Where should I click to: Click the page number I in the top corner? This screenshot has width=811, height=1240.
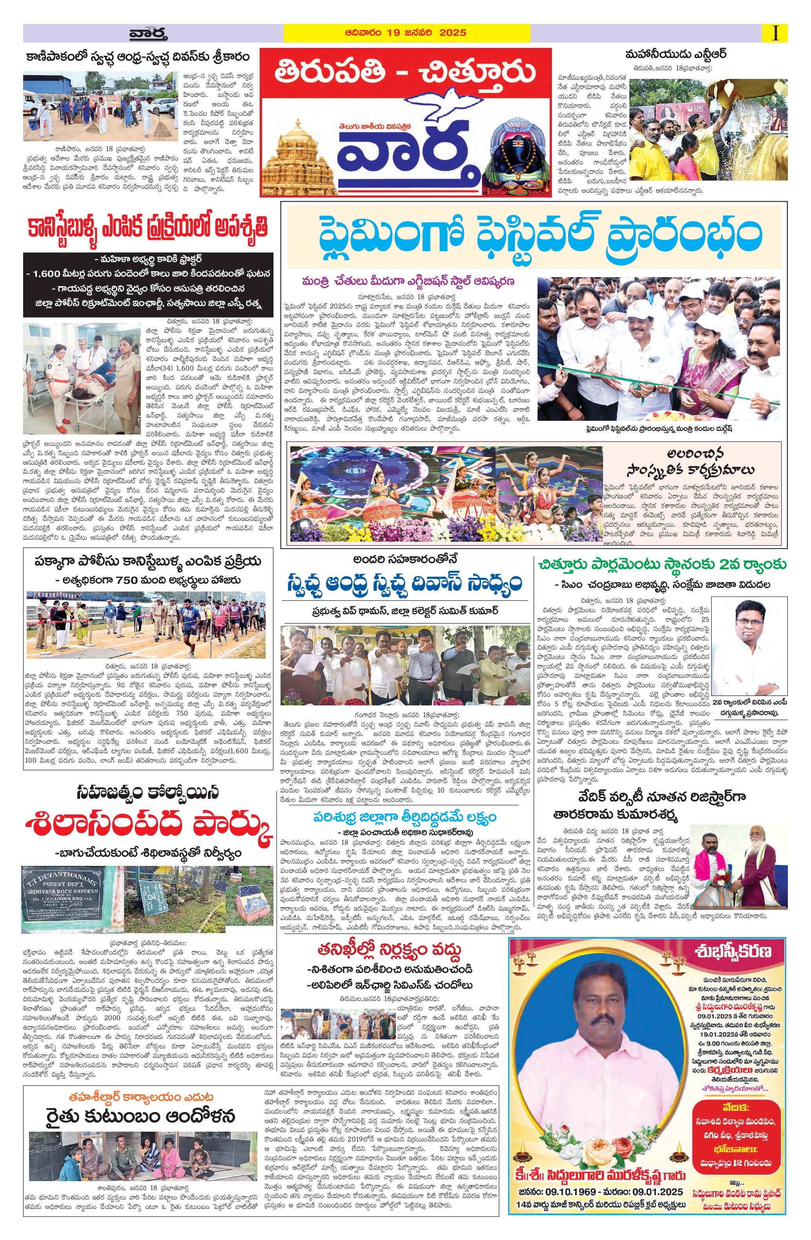point(776,33)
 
